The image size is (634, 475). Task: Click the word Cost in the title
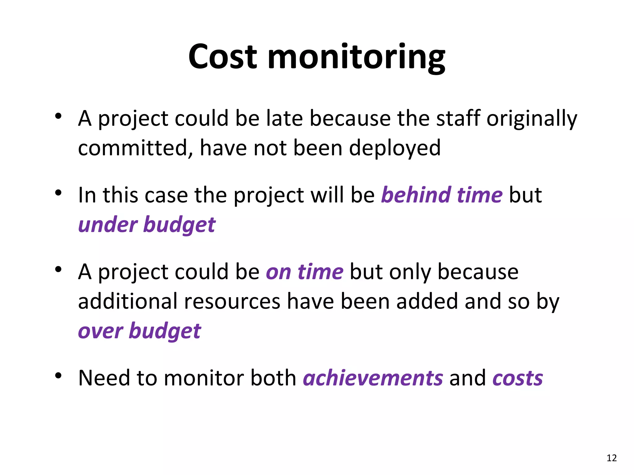pos(223,57)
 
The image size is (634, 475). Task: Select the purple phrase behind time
pos(442,195)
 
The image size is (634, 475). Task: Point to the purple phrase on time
pos(305,272)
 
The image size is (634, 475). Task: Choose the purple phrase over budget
pos(139,331)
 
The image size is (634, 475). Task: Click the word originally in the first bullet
pos(532,119)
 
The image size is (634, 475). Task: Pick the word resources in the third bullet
pos(232,302)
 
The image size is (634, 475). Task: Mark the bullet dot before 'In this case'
pos(58,193)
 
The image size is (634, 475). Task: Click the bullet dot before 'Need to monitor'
pos(58,376)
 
